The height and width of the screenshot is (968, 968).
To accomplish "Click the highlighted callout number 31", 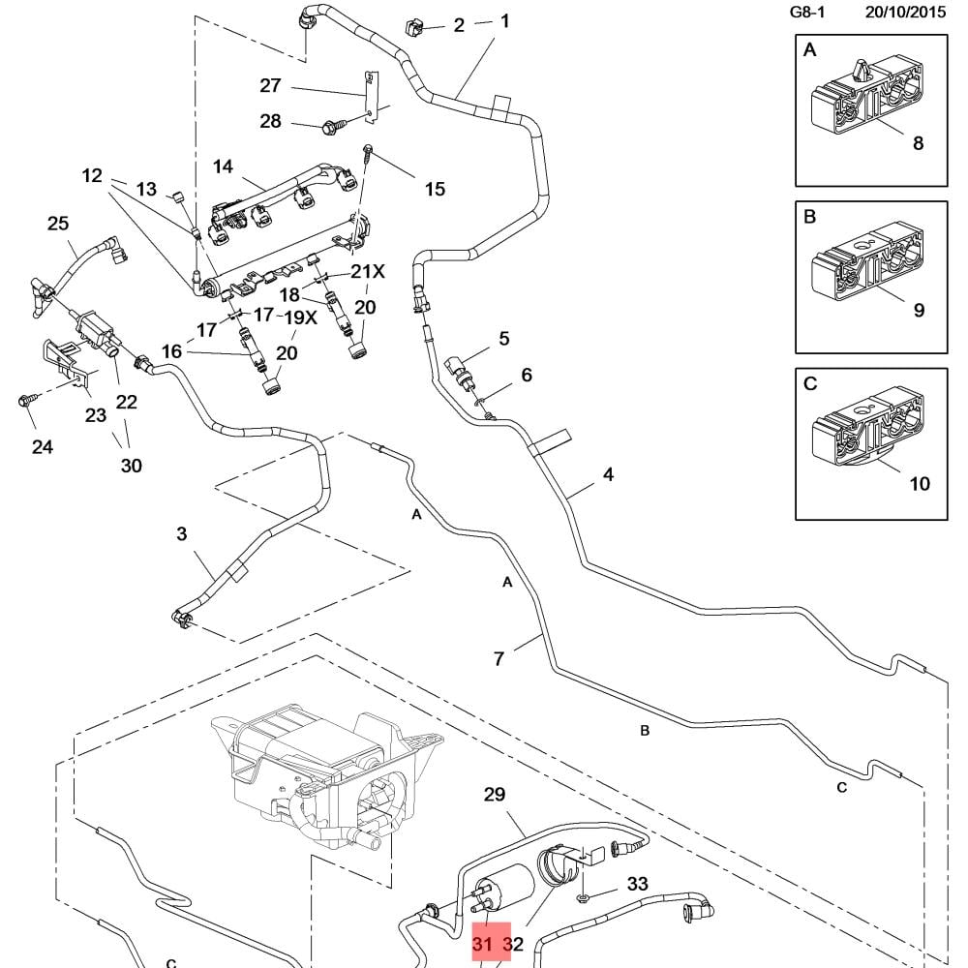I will point(482,943).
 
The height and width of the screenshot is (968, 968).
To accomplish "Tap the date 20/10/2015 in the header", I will point(905,13).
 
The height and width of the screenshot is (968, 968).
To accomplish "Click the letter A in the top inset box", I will point(809,51).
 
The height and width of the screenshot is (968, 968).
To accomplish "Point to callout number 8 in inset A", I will point(918,143).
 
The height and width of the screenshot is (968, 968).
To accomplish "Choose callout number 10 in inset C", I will point(920,482).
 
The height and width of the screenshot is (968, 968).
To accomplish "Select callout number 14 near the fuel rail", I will point(224,166).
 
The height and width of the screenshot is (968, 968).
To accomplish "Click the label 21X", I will point(368,272).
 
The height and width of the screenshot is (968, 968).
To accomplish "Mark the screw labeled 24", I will point(26,400).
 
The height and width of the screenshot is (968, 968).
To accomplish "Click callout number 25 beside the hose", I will point(58,224).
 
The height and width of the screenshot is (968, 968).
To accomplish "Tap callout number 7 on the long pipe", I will point(499,658).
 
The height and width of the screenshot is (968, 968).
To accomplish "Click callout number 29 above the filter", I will point(495,795).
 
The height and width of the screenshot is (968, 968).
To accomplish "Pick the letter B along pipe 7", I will point(645,730).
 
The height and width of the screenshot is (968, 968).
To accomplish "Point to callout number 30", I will point(131,466).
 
